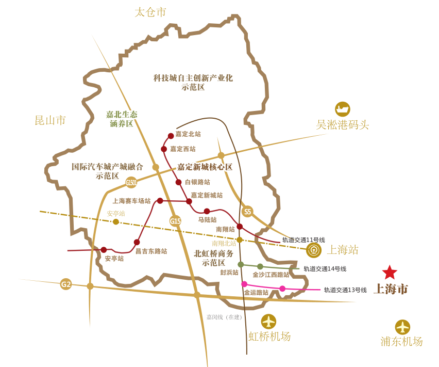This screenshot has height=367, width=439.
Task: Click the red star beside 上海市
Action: click(390, 272)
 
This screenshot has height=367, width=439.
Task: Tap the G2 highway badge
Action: click(66, 284)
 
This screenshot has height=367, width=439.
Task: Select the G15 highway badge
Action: click(176, 221)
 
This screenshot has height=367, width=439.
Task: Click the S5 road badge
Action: click(248, 211)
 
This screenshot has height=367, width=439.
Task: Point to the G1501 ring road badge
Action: click(131, 182)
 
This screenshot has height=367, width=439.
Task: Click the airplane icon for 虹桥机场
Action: click(268, 321)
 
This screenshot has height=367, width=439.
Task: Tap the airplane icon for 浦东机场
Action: click(402, 327)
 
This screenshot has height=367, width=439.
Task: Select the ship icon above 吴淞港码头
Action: click(343, 109)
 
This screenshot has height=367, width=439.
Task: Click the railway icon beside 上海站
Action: click(313, 251)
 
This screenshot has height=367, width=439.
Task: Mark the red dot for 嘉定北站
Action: click(171, 136)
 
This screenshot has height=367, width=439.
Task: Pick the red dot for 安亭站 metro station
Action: click(104, 250)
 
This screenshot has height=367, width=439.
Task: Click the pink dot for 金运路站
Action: click(244, 284)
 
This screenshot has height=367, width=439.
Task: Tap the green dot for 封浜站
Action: click(241, 264)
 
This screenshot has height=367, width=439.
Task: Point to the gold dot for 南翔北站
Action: click(240, 240)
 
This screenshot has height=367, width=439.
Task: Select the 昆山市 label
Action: click(50, 120)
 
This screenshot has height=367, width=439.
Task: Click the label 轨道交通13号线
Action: click(345, 290)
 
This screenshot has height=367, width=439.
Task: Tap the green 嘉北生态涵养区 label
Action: click(122, 119)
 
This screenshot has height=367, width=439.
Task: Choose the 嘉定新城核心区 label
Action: click(205, 167)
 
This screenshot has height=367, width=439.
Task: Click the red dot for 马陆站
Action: click(207, 211)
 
